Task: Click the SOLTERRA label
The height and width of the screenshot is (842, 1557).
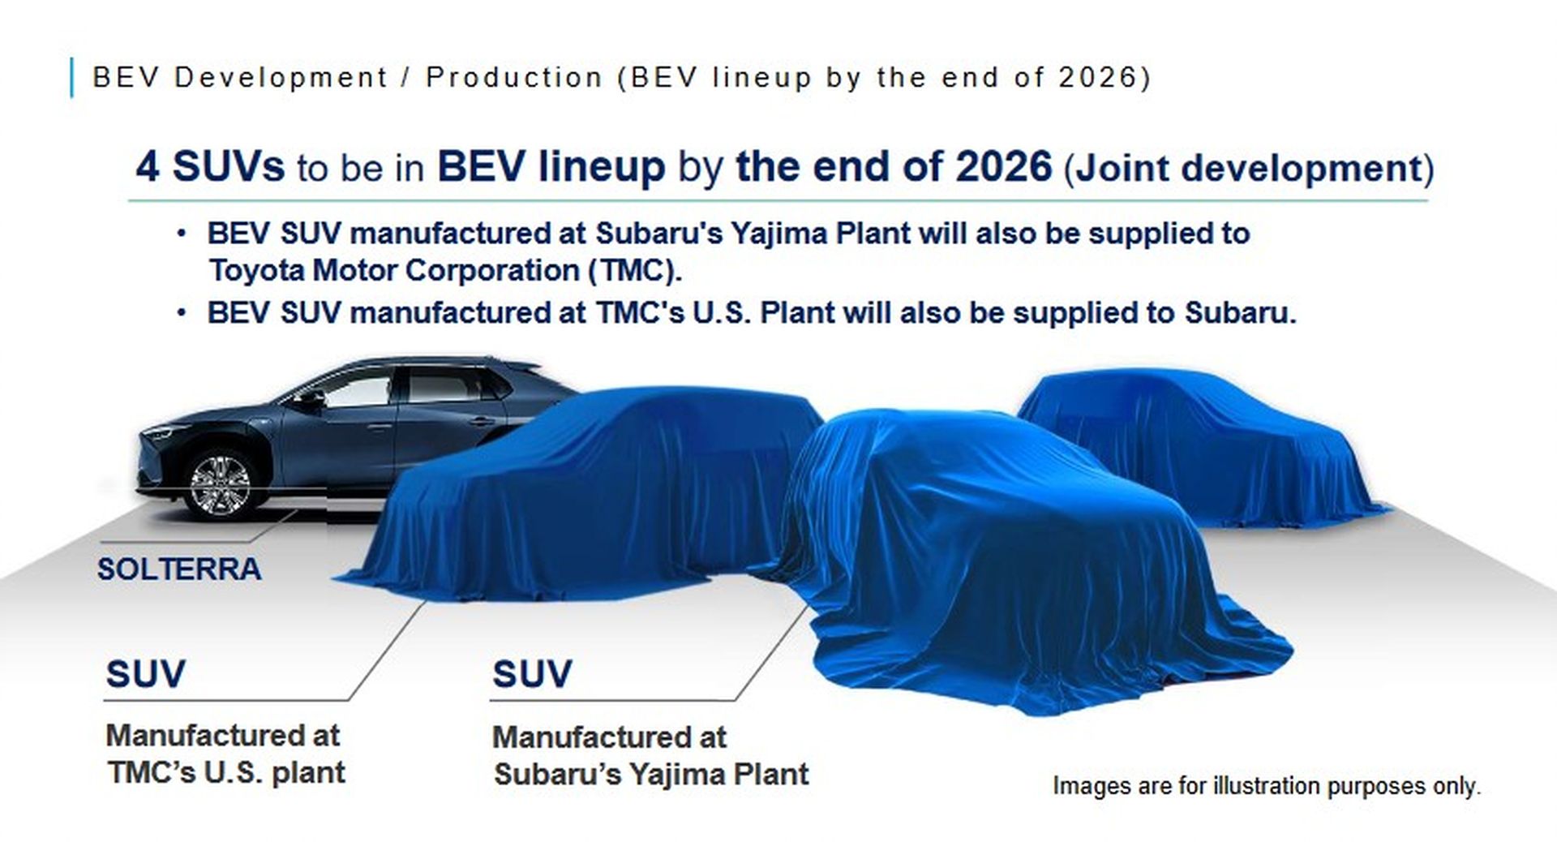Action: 179,569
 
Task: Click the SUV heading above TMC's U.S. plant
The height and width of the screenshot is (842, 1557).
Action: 146,674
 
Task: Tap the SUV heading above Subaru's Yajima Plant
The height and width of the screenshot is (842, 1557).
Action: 532,674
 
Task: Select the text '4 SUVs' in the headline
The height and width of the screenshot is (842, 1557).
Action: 210,167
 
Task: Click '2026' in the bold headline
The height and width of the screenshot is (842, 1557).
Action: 1004,167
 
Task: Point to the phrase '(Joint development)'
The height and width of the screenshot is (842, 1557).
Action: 1248,169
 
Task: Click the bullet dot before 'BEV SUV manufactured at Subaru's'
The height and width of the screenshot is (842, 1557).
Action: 182,234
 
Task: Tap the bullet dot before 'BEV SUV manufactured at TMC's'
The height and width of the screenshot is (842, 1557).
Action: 182,313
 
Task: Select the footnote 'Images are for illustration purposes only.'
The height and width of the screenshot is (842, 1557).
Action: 1267,785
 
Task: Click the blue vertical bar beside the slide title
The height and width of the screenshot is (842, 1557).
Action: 72,78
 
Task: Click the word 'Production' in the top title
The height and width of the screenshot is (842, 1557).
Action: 514,78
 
